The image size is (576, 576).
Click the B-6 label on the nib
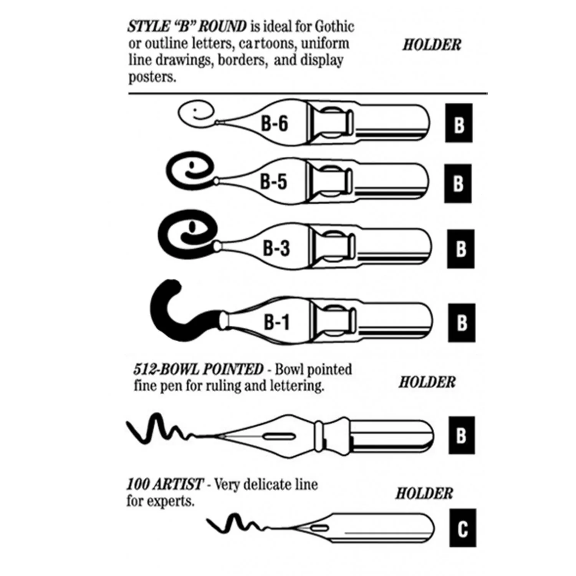tap(274, 124)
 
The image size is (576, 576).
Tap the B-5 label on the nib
tap(273, 181)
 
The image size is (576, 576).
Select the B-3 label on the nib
tap(276, 248)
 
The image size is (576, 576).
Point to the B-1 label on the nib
tap(276, 322)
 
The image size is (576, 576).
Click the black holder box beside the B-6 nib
tap(459, 123)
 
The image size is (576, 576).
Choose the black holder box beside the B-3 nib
tap(460, 249)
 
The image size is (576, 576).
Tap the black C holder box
tap(463, 528)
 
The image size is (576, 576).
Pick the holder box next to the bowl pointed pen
tap(462, 435)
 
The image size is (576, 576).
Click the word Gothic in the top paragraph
tap(334, 27)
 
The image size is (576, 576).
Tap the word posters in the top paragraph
tap(152, 77)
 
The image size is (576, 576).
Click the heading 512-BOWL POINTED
tap(198, 369)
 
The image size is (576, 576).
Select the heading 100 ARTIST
tap(164, 484)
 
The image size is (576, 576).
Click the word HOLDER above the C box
tap(424, 493)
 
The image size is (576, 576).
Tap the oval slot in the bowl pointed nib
tap(278, 436)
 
